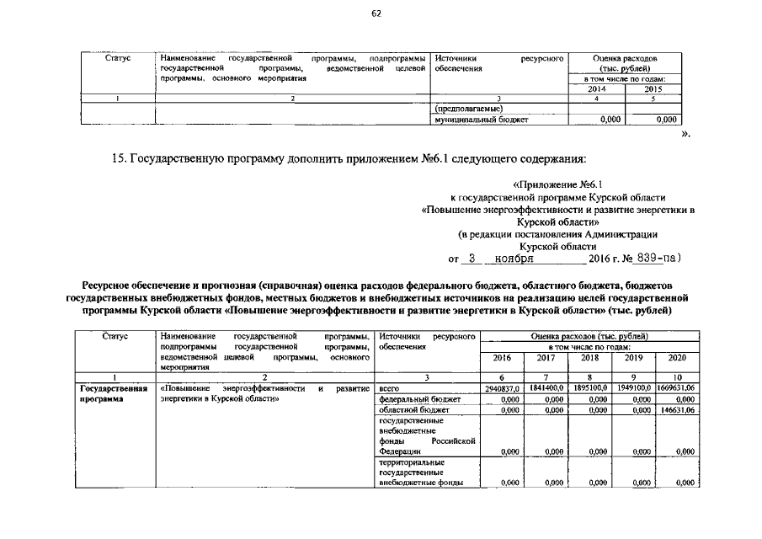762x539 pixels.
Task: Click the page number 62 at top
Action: pyautogui.click(x=376, y=13)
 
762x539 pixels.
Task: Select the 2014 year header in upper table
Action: pyautogui.click(x=596, y=89)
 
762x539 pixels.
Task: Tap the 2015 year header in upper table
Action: pyautogui.click(x=653, y=89)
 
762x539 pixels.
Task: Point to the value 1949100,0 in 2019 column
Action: pyautogui.click(x=636, y=388)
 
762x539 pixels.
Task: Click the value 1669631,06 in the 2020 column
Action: pyautogui.click(x=677, y=388)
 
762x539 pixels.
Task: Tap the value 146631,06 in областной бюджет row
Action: pyautogui.click(x=678, y=410)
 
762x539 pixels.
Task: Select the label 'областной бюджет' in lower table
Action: pyautogui.click(x=414, y=410)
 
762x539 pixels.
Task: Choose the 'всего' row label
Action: pyautogui.click(x=391, y=388)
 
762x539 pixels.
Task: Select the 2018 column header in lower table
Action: pyautogui.click(x=590, y=358)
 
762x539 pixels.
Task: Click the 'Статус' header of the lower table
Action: pyautogui.click(x=114, y=336)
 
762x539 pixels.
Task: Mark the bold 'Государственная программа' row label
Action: pyautogui.click(x=113, y=393)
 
